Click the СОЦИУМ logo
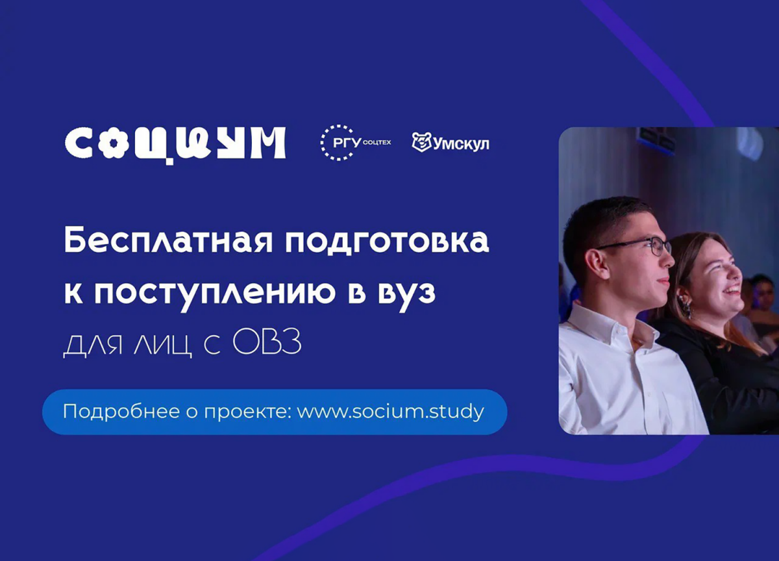tap(175, 143)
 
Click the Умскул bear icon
tap(421, 142)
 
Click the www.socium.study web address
tap(390, 412)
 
